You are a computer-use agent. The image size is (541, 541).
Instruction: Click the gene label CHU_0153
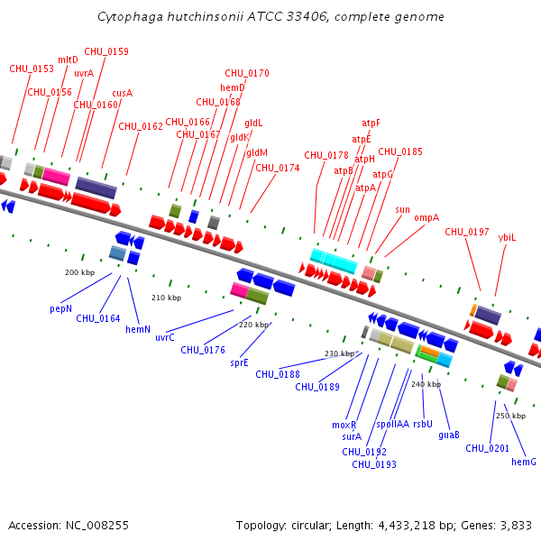click(x=32, y=69)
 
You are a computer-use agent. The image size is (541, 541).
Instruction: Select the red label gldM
click(x=257, y=152)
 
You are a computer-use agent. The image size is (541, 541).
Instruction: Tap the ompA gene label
click(x=426, y=217)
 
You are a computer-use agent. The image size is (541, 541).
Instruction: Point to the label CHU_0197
click(x=466, y=232)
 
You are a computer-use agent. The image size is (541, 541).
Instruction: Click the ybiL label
click(x=508, y=237)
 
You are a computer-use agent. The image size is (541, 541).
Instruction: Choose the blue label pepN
click(x=60, y=308)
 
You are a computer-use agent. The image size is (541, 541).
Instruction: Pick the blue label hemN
click(x=138, y=329)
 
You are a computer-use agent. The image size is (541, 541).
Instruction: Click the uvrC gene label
click(x=165, y=337)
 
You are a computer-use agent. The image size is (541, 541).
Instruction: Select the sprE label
click(x=239, y=362)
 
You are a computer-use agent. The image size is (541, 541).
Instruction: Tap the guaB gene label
click(x=449, y=435)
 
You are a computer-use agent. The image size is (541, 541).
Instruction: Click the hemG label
click(x=524, y=462)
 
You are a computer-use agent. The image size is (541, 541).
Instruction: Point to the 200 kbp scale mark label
click(x=79, y=272)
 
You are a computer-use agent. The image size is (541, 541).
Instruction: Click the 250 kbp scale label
click(x=510, y=416)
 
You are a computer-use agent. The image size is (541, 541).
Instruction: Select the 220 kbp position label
click(x=253, y=325)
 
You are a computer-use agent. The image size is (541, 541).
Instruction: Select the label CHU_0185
click(x=400, y=151)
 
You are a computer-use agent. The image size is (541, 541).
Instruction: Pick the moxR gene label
click(x=344, y=425)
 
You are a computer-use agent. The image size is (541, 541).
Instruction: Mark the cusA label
click(x=123, y=93)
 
